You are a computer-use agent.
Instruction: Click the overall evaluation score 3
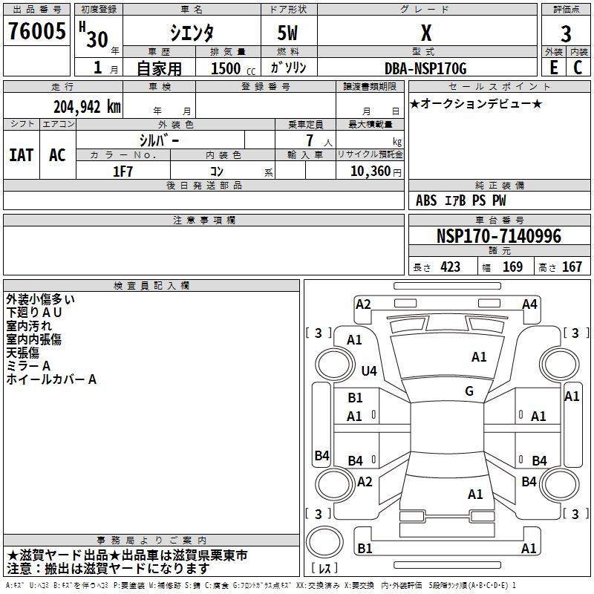pos(566,34)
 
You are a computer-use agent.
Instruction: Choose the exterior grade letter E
pos(553,68)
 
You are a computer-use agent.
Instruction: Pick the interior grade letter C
pos(578,68)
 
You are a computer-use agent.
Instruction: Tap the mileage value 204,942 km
pos(86,106)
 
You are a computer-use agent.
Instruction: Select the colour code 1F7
pos(123,170)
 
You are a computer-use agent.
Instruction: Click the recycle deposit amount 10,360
pos(369,171)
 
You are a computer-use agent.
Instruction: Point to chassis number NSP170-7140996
pos(498,236)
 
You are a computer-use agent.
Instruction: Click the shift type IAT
pos(22,155)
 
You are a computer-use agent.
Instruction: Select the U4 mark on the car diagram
pos(368,371)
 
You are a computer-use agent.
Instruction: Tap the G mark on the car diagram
pos(469,391)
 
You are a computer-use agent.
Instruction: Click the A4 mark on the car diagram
pos(529,304)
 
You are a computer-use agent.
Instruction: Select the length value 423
pos(450,267)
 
